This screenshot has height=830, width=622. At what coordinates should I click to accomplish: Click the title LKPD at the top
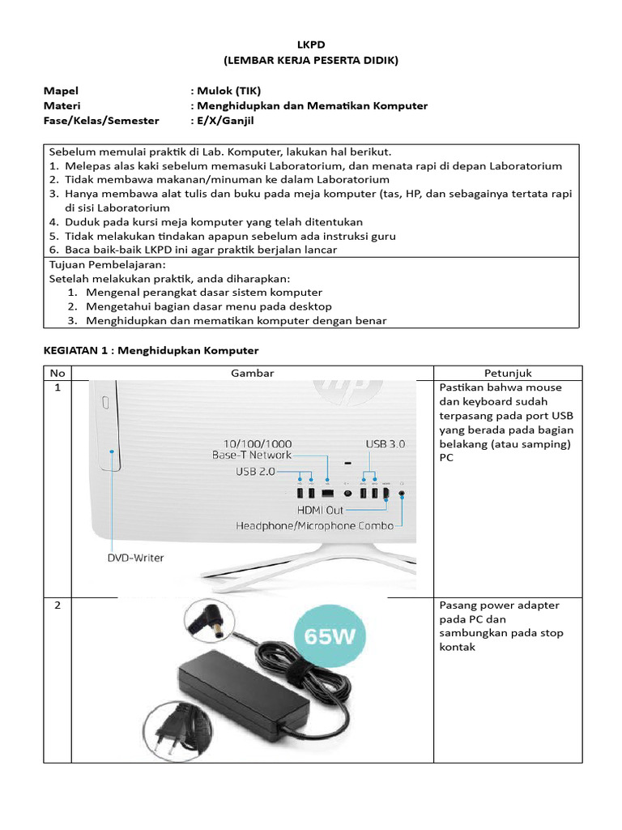pos(311,45)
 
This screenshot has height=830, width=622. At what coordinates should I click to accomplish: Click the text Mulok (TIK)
pos(226,91)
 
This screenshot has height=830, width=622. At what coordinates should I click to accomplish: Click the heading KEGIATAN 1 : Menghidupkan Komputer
pos(150,350)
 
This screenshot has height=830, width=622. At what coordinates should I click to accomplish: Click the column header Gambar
pos(253,373)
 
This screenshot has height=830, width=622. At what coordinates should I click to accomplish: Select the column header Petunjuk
pos(508,373)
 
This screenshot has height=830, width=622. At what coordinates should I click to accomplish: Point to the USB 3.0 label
pos(385,444)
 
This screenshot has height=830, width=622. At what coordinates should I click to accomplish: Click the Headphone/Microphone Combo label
pos(314,525)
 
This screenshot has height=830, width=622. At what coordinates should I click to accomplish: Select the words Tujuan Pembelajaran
pos(108,264)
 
